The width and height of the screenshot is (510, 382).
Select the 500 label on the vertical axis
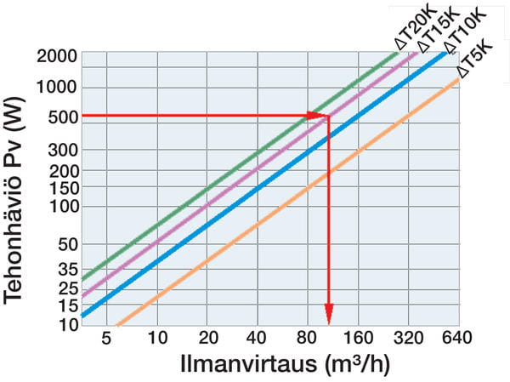(x=63, y=117)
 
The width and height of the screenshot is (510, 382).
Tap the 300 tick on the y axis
(x=63, y=150)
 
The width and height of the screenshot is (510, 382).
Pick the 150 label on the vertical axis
(x=63, y=189)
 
